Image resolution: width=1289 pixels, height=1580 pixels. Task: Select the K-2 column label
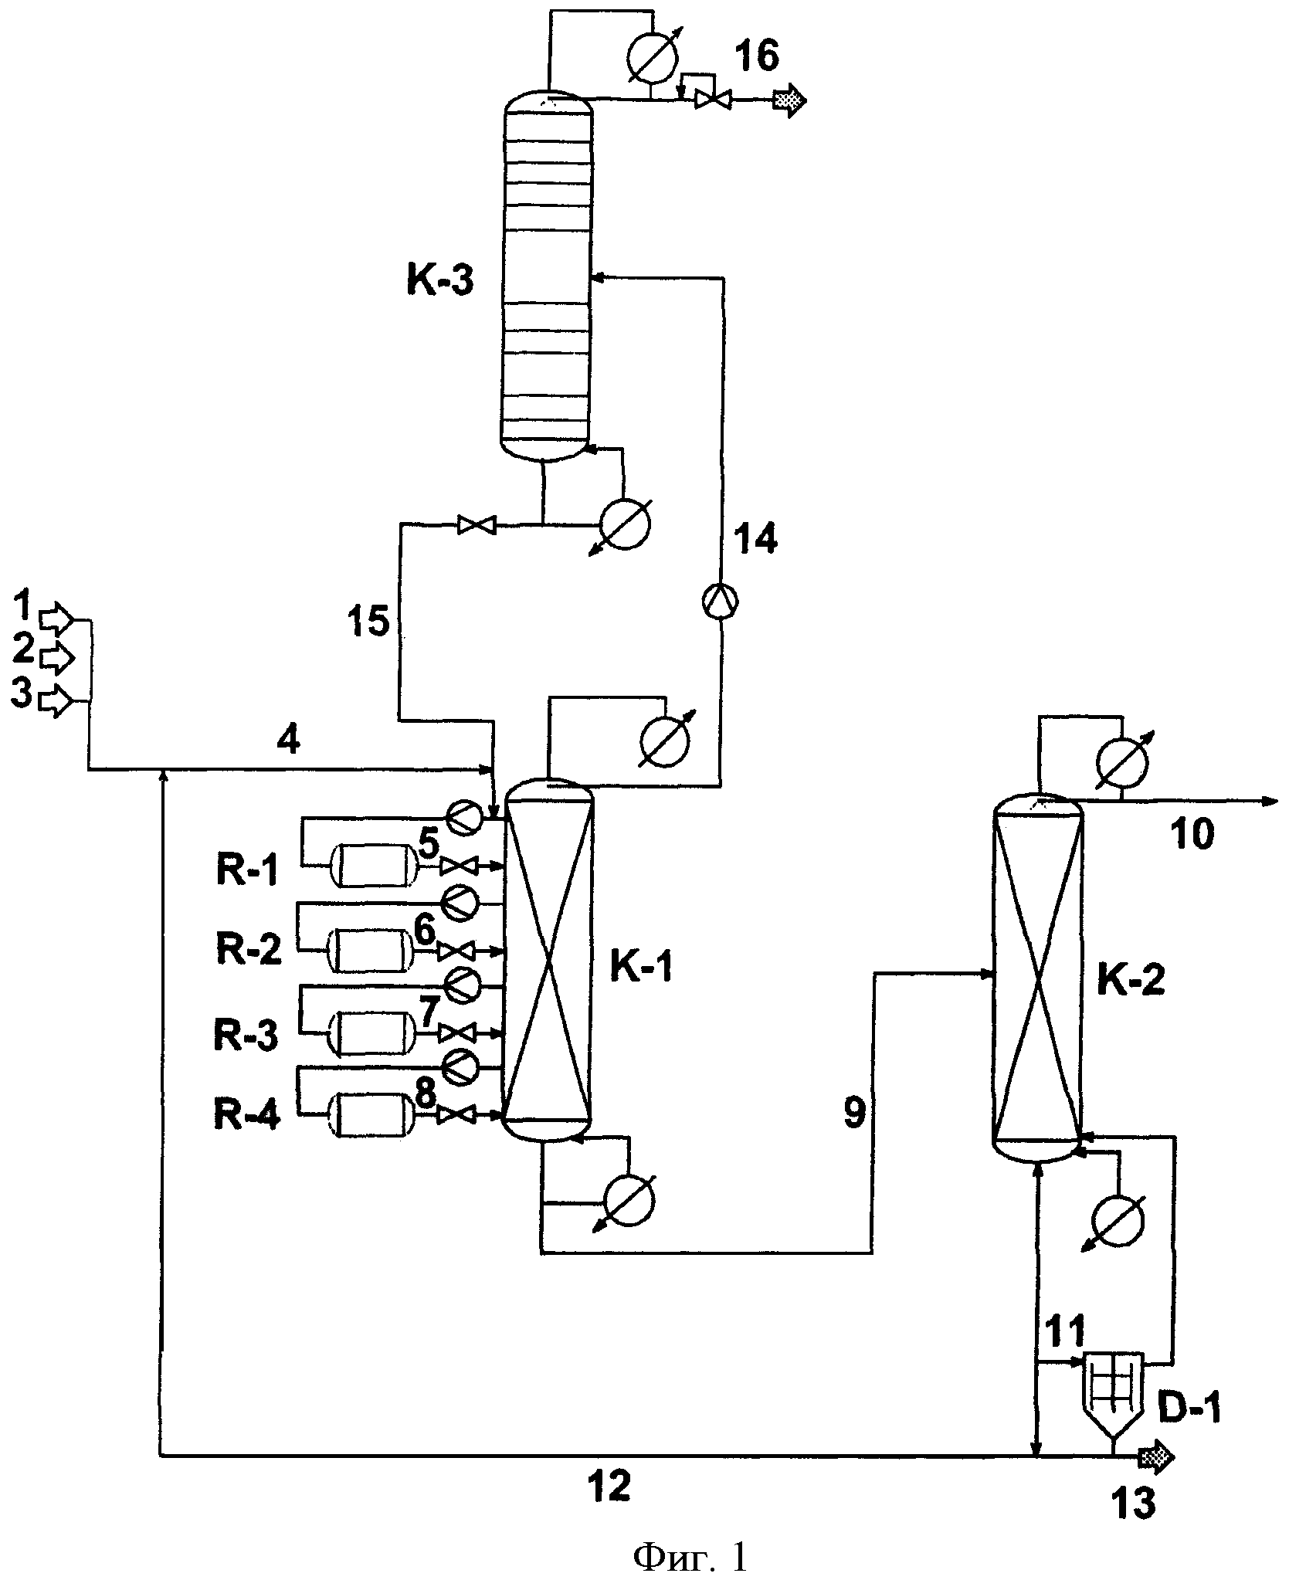pos(1131,981)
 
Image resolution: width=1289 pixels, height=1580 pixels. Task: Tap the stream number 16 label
pos(757,56)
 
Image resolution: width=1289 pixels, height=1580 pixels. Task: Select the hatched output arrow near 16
pos(790,100)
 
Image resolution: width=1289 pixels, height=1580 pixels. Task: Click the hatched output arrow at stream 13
pos(1156,1456)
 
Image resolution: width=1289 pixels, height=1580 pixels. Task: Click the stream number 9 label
pos(854,1115)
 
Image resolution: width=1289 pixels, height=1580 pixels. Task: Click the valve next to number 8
pos(456,1115)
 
